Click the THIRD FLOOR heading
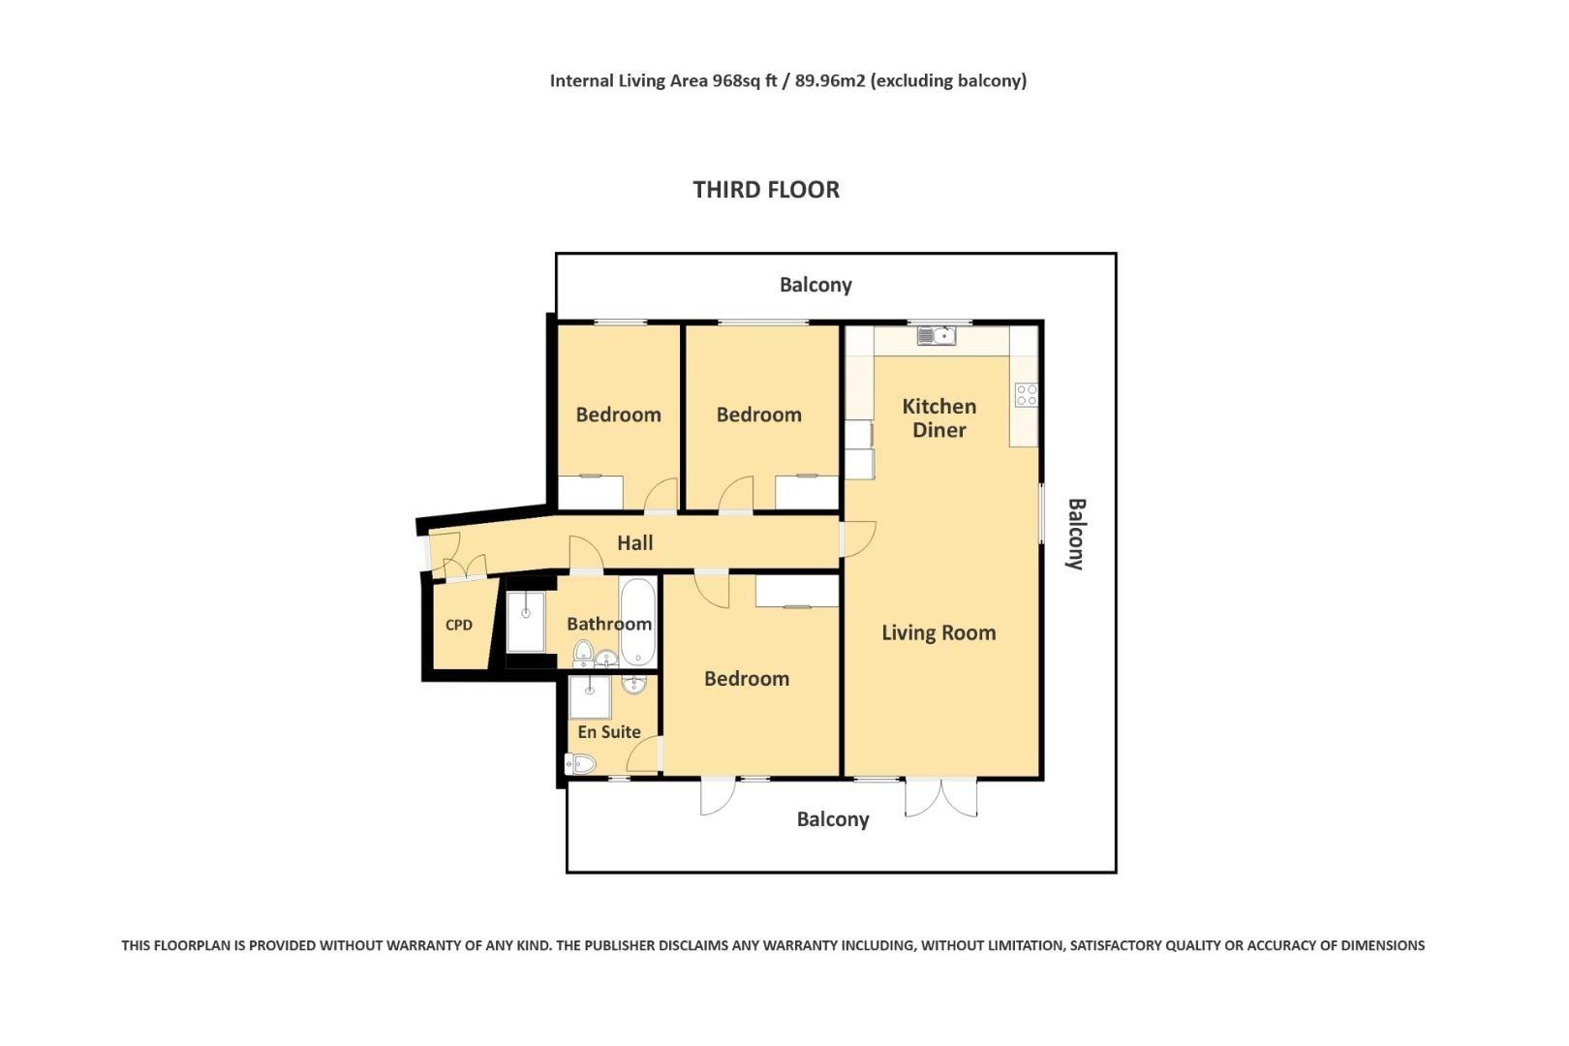pos(765,190)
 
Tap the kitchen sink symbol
pos(937,336)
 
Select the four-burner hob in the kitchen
pos(1027,394)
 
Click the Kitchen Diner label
pos(938,418)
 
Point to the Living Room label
pos(938,632)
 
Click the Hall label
pos(634,543)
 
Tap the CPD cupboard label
pos(459,625)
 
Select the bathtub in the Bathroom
pos(637,622)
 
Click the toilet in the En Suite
pos(580,763)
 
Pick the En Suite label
pos(608,732)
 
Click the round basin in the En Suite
pos(634,683)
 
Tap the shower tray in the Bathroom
pos(525,622)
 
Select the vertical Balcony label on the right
pos(1076,534)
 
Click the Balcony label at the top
pos(815,285)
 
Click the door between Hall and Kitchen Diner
pos(857,538)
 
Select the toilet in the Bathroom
pos(583,653)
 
